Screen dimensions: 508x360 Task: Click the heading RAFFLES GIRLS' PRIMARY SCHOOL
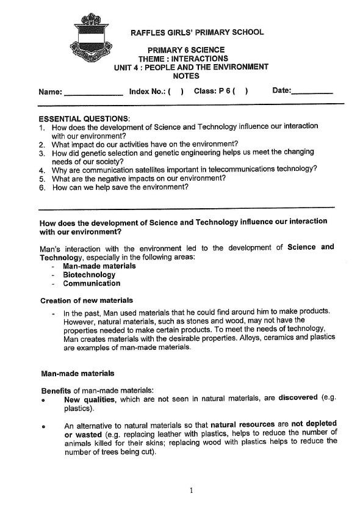pos(197,32)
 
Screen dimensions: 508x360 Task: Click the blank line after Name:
pos(93,93)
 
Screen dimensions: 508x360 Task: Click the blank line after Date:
pos(312,92)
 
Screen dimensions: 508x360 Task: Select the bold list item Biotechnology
pos(89,275)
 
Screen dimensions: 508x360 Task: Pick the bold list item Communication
pos(92,283)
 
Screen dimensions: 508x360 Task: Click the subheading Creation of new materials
pos(86,300)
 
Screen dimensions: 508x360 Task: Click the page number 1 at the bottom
pos(191,490)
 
